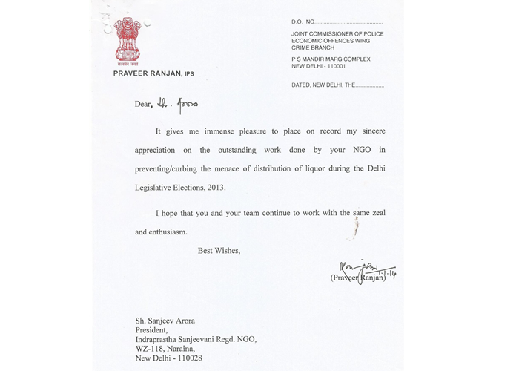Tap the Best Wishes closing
pos(219,250)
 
